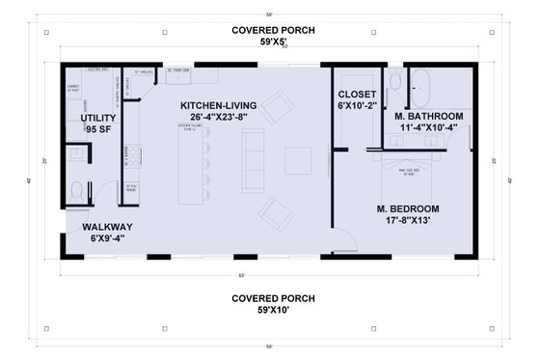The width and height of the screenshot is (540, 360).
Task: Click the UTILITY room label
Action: (97, 117)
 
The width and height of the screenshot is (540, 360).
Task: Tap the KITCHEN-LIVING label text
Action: (219, 105)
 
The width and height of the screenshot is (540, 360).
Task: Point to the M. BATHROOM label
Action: (429, 116)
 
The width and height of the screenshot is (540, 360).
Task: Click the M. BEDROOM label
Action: (408, 208)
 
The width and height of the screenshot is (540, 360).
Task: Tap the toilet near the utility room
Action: (78, 190)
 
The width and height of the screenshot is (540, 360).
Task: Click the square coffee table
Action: (298, 160)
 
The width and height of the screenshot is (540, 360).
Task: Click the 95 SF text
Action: (99, 128)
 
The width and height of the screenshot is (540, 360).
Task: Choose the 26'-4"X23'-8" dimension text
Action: (219, 118)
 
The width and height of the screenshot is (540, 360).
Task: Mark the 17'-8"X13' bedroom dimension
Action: (409, 220)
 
